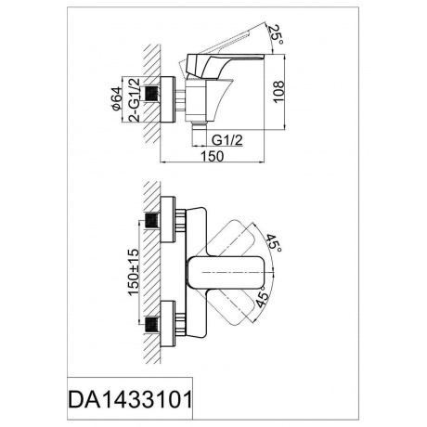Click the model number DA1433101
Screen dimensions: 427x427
tap(130, 399)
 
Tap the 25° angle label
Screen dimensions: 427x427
tap(276, 33)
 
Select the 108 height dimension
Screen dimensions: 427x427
tap(278, 92)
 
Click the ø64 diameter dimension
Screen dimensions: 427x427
tap(117, 98)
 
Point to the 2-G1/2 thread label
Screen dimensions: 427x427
tap(135, 99)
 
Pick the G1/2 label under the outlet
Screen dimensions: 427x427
tap(227, 140)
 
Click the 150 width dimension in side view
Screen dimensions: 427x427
tap(213, 156)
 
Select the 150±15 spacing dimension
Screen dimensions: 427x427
tap(134, 272)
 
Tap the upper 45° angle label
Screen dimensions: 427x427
tap(274, 243)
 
